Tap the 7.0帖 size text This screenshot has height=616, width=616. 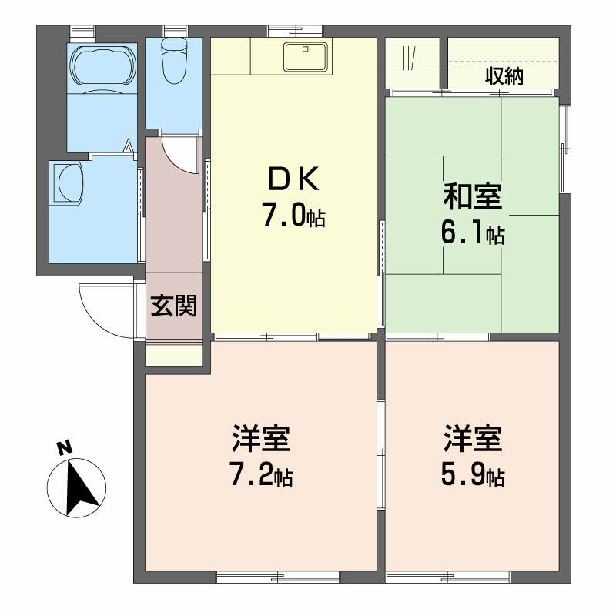click(293, 216)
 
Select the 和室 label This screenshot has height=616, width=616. click(472, 198)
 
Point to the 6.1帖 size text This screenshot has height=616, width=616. click(472, 234)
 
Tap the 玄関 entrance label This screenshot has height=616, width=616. click(173, 306)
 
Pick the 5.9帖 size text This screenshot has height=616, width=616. click(472, 477)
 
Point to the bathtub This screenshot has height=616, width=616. click(102, 68)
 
